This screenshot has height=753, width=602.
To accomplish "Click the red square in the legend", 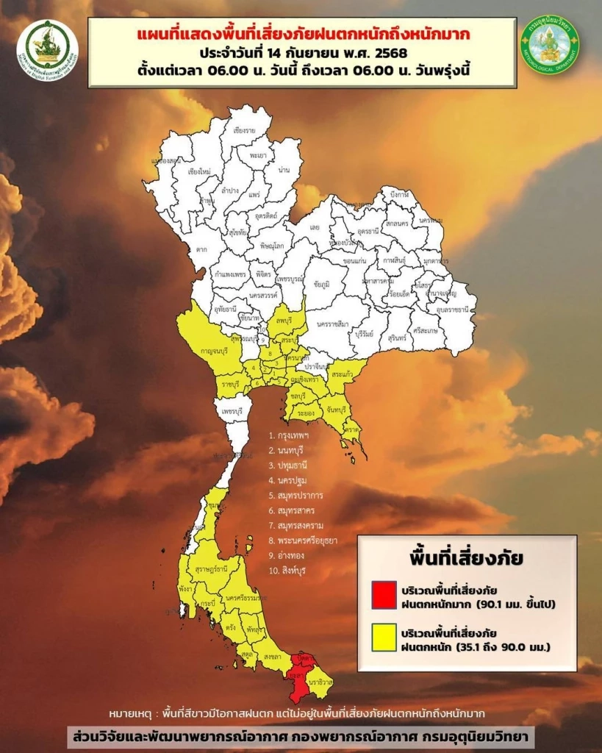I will pos(384,595).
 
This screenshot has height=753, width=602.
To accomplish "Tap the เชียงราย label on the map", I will pos(243,130).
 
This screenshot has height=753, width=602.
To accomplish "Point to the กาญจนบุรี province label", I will pos(207,352).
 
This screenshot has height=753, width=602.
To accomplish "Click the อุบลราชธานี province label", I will pos(454,310).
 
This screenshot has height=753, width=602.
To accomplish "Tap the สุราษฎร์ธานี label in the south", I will pos(211,569).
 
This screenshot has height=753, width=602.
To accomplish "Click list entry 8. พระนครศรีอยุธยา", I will pos(303,540).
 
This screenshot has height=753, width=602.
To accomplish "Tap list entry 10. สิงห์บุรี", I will pos(291,571).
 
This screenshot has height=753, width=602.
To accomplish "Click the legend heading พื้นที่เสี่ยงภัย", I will pos(467,557).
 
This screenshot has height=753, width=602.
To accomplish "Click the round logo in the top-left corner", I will pos(47,49).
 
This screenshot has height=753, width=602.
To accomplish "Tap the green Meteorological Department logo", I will pos(551,45).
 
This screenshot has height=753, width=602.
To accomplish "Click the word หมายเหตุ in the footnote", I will pos(132,713).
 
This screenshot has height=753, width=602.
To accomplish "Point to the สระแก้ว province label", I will pos(341,374).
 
